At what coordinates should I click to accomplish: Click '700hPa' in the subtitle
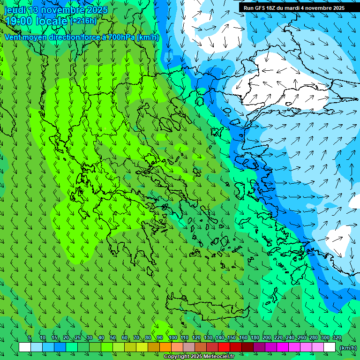[x=120, y=37]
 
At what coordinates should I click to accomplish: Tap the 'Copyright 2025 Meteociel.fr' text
[x=199, y=357]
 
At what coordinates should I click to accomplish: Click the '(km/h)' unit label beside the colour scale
[x=348, y=347]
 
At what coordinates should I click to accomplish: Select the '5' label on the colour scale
[x=30, y=338]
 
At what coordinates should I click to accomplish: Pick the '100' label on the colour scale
[x=172, y=338]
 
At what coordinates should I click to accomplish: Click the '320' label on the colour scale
[x=337, y=338]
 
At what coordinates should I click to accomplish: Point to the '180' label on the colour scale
[x=255, y=338]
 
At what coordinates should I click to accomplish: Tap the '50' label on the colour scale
[x=113, y=338]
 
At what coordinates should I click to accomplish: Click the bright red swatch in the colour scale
[x=224, y=347]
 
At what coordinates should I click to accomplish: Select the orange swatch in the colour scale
[x=165, y=347]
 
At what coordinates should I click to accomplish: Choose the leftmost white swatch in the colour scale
[x=25, y=347]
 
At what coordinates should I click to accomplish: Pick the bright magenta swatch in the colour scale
[x=283, y=347]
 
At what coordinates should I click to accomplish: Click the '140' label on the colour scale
[x=219, y=338]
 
